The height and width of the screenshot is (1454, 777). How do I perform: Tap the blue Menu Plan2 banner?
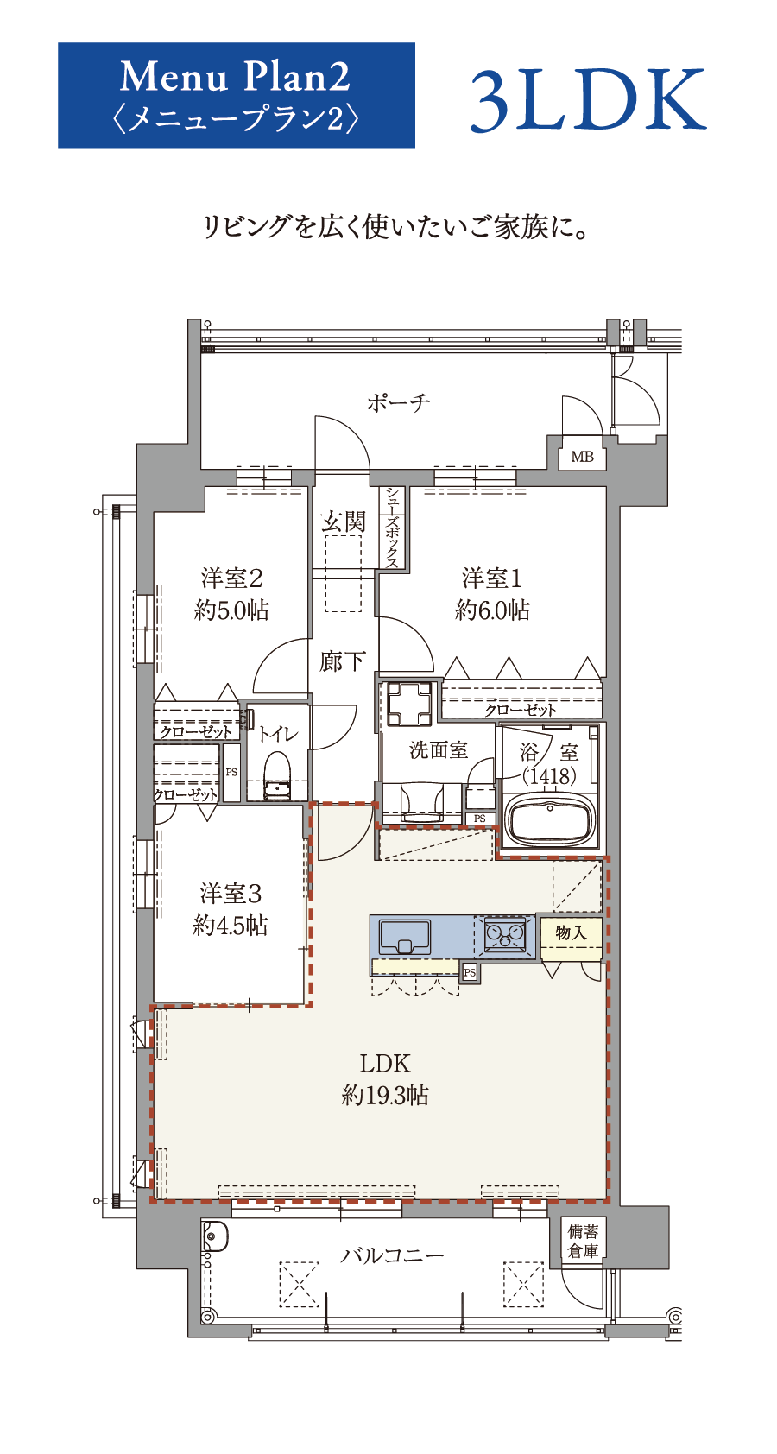(237, 96)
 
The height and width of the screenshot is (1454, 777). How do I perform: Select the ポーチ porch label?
(399, 403)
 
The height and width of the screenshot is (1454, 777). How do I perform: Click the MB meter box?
(582, 457)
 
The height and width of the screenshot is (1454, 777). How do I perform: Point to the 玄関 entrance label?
(344, 522)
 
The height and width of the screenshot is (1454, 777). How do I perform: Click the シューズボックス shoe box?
(393, 528)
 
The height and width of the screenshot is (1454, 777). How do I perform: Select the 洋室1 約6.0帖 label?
(492, 594)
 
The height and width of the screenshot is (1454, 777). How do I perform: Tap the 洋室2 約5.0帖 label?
(231, 594)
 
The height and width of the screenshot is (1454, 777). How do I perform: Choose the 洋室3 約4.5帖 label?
(231, 909)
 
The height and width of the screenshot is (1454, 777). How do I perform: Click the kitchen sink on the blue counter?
(404, 937)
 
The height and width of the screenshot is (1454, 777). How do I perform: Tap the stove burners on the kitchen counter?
(505, 935)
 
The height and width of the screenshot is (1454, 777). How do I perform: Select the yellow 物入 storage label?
(572, 933)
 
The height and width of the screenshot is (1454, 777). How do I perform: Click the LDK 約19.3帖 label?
(385, 1078)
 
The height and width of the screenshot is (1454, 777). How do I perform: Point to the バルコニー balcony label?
(392, 1255)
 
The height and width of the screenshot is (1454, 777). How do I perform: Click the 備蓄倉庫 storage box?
(582, 1241)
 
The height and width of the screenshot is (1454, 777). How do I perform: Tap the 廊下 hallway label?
(342, 662)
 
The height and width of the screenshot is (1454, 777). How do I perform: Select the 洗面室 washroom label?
(439, 750)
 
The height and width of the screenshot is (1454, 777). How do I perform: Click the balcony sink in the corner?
(214, 1236)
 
